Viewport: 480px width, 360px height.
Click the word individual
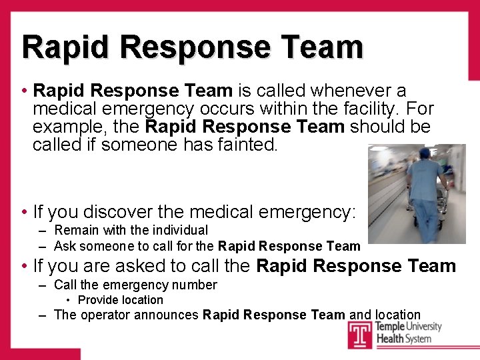tap(179, 230)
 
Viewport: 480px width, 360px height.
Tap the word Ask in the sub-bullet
tap(65, 246)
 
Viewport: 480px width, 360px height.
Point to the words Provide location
tap(120, 300)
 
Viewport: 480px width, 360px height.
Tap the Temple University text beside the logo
tap(408, 327)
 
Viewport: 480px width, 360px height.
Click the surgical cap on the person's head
tap(424, 153)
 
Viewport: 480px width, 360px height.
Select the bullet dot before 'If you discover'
tap(23, 213)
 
